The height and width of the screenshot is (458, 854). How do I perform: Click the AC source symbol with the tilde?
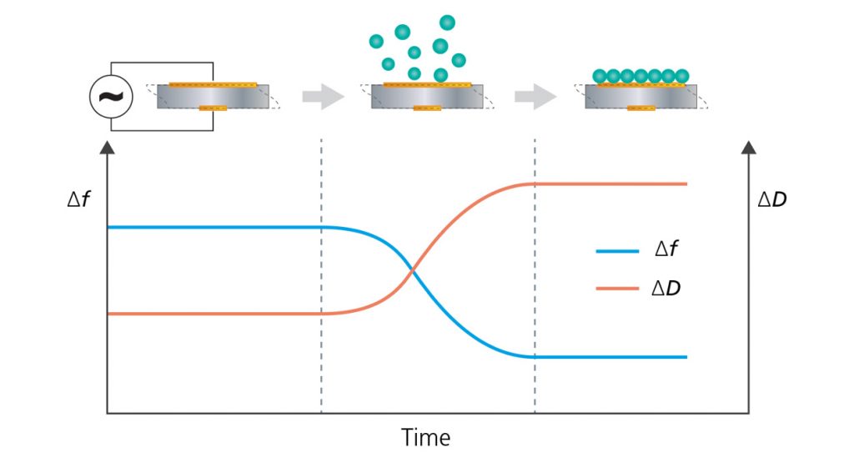pyautogui.click(x=108, y=96)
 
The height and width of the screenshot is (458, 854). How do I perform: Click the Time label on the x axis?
pyautogui.click(x=425, y=437)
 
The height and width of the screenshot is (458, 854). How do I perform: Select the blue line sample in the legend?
pyautogui.click(x=618, y=251)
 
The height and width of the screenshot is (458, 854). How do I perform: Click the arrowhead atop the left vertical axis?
pyautogui.click(x=107, y=148)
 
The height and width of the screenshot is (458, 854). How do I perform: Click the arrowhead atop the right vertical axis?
pyautogui.click(x=748, y=148)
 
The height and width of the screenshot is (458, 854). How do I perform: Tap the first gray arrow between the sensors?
pyautogui.click(x=322, y=96)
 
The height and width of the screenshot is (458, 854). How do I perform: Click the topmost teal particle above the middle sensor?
pyautogui.click(x=447, y=22)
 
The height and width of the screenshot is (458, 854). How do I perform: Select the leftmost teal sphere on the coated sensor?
pyautogui.click(x=600, y=76)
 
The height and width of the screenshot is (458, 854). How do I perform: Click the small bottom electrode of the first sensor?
pyautogui.click(x=213, y=108)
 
